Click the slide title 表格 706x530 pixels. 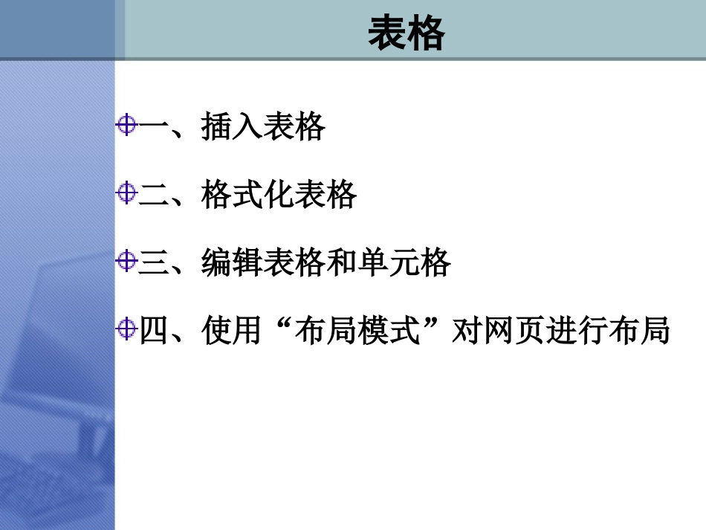[407, 34]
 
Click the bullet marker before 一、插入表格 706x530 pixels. [127, 126]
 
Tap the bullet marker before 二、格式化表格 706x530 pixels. [127, 194]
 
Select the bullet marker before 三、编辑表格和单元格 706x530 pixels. [127, 261]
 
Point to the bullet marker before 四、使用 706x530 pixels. [127, 328]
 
